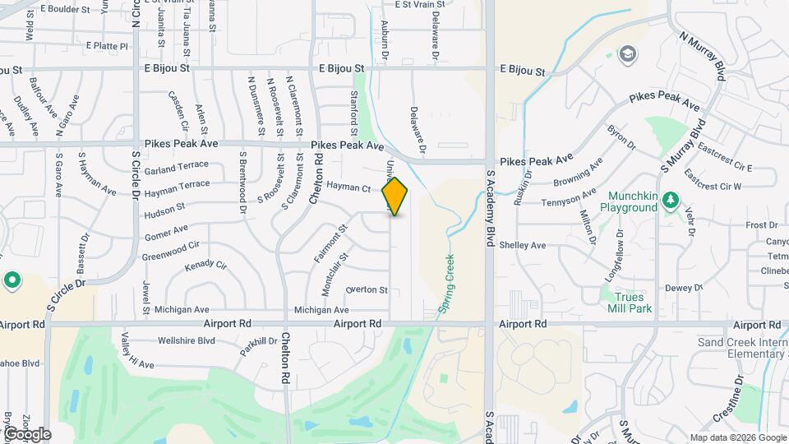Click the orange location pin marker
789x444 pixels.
[x=395, y=196]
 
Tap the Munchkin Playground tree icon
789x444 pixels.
[x=671, y=200]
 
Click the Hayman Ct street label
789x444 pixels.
[x=348, y=187]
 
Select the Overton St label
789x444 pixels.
[x=367, y=289]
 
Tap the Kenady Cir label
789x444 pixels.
[x=205, y=265]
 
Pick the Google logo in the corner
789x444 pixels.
[x=26, y=433]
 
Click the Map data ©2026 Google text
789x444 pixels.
[x=738, y=437]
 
